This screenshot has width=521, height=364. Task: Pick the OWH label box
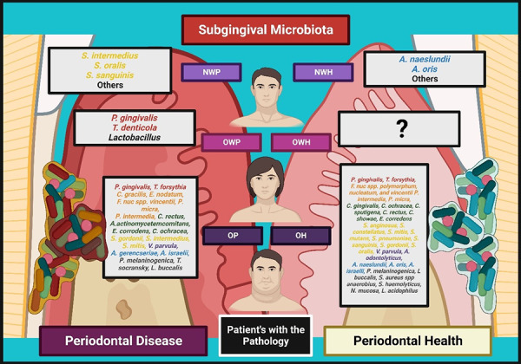300,141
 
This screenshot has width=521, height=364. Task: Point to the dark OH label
300,236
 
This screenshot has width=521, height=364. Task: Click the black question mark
401,130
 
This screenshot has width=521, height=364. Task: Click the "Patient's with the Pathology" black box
265,335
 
